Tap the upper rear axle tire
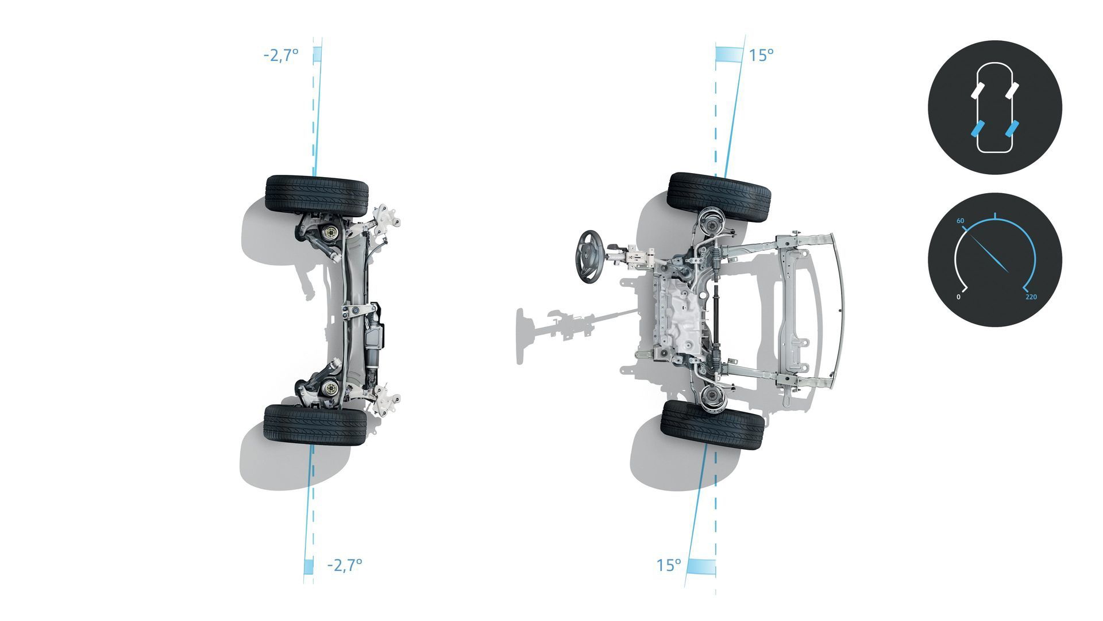[x=317, y=195]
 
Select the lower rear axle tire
[x=315, y=424]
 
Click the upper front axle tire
[x=719, y=197]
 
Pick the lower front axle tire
[x=712, y=425]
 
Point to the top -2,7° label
[x=281, y=55]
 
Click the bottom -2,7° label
[x=345, y=565]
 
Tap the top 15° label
[x=761, y=55]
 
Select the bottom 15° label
[x=669, y=565]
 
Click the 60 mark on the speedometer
[x=961, y=221]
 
